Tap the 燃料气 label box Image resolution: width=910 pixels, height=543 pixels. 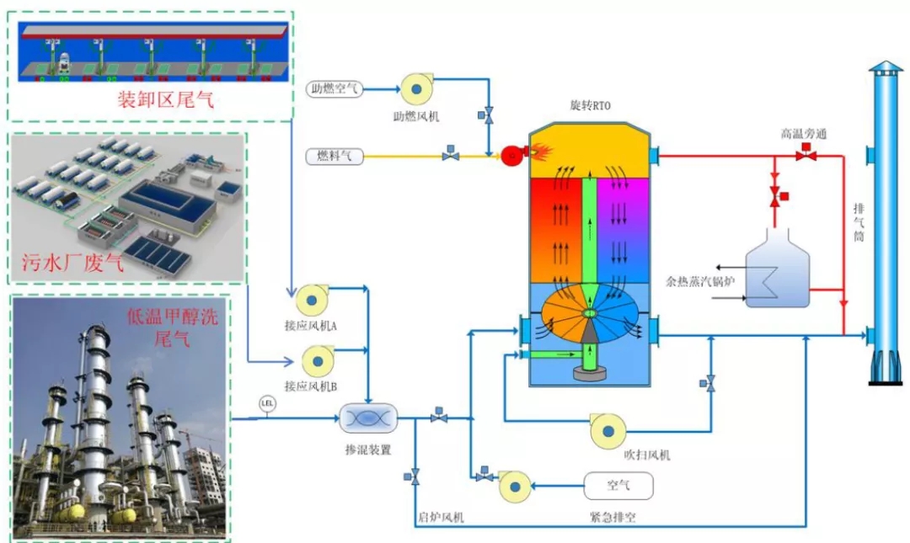335,155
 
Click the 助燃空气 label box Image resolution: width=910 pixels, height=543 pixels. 335,88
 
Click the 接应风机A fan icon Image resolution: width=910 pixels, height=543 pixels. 311,299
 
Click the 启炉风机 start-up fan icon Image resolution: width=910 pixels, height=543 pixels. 513,486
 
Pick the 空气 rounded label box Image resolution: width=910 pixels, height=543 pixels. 618,485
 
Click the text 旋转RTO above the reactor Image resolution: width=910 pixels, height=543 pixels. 590,106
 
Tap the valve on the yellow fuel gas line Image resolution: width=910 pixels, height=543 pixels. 451,155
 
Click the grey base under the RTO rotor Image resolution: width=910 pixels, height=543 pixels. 591,371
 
